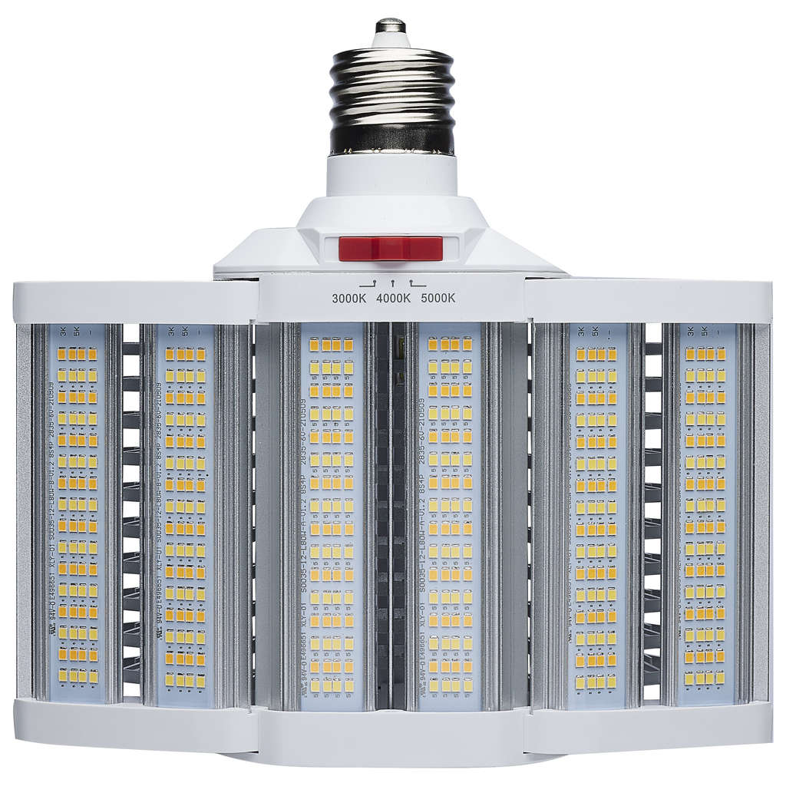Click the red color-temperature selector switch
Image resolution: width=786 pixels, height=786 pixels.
pyautogui.click(x=391, y=248)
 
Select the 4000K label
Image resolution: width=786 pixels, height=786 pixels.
pyautogui.click(x=392, y=298)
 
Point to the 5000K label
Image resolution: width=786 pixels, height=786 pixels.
pyautogui.click(x=438, y=298)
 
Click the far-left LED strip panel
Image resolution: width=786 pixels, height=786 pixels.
pyautogui.click(x=77, y=510)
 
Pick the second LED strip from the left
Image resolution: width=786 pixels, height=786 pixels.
pyautogui.click(x=185, y=510)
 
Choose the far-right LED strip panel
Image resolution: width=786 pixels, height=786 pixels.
pyautogui.click(x=705, y=510)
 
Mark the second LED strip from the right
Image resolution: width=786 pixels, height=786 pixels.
pyautogui.click(x=596, y=510)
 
